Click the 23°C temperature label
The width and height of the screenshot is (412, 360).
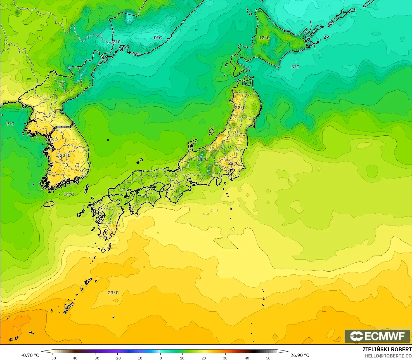click(x=113, y=293)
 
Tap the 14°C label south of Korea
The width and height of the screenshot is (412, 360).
click(x=68, y=194)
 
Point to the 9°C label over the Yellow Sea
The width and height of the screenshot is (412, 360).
click(x=10, y=124)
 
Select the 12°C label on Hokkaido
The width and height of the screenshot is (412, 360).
click(x=264, y=37)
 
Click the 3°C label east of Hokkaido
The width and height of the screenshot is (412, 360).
click(x=295, y=67)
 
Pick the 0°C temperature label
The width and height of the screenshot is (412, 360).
click(x=158, y=37)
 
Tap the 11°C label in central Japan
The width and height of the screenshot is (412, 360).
click(x=203, y=159)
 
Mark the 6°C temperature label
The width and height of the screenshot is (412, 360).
click(x=137, y=54)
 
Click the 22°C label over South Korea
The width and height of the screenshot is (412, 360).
click(x=65, y=155)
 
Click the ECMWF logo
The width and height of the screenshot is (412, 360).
click(x=377, y=336)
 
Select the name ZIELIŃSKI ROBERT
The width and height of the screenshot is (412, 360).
click(x=387, y=350)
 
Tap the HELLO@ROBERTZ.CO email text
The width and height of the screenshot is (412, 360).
click(x=388, y=356)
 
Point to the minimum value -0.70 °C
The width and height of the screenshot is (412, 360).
click(x=30, y=355)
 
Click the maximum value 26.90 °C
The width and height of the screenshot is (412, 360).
click(x=300, y=355)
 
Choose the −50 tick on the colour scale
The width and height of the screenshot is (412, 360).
click(x=52, y=358)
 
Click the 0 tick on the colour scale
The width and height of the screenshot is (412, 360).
click(x=160, y=358)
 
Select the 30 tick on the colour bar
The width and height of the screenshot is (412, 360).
click(x=225, y=358)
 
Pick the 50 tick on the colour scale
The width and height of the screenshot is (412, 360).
click(x=268, y=358)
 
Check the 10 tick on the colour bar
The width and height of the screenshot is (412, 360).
click(x=182, y=358)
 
